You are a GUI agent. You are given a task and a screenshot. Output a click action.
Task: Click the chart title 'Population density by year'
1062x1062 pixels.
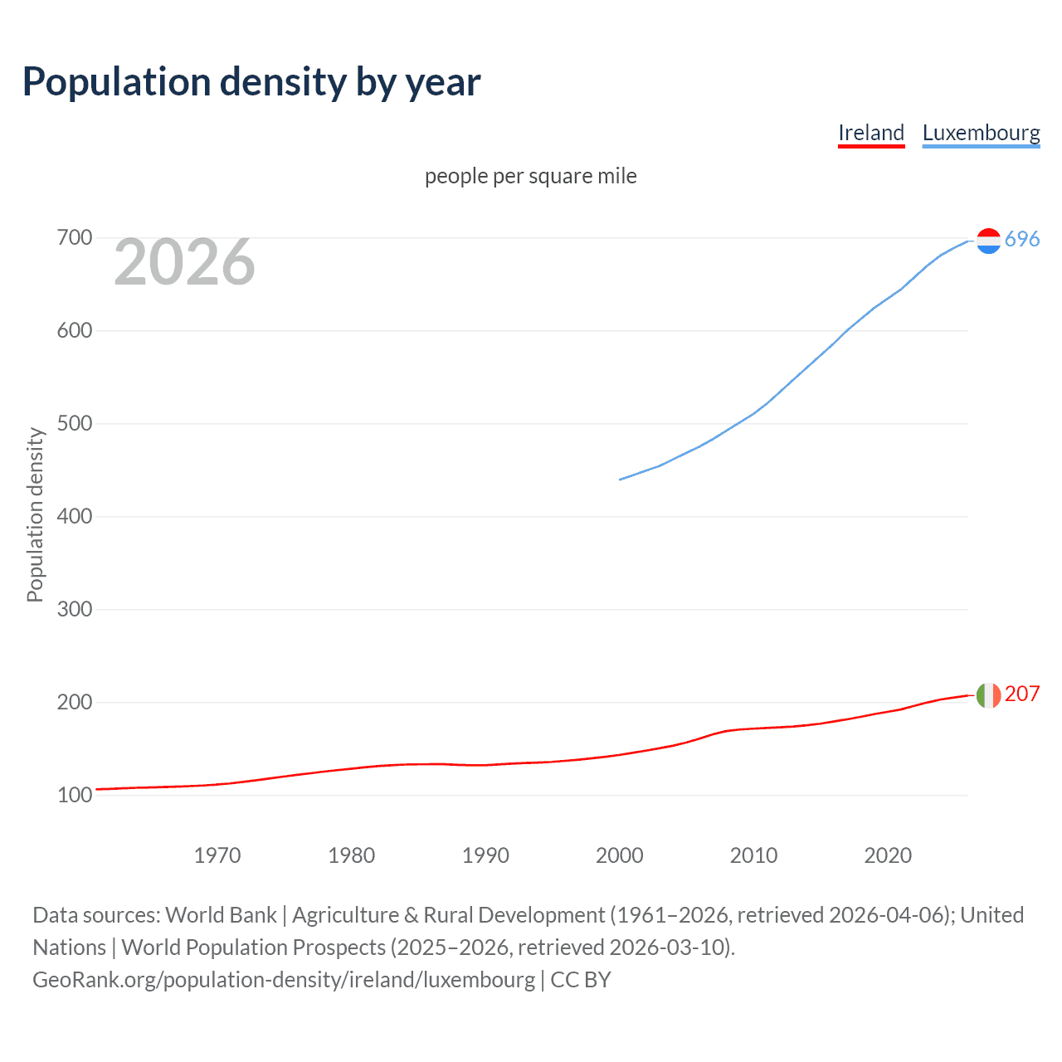251,82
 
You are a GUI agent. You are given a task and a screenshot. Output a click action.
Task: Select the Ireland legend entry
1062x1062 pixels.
870,133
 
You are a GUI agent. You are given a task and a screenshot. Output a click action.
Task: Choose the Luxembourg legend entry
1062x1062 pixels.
981,133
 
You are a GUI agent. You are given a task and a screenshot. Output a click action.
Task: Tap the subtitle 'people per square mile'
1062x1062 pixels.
530,176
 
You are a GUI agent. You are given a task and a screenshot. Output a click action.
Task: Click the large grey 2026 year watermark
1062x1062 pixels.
184,262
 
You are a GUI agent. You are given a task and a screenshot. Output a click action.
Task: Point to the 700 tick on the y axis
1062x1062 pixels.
74,238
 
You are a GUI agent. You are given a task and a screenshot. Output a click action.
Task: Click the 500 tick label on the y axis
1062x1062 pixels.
74,424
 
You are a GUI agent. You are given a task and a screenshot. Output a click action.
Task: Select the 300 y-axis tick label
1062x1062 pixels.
74,610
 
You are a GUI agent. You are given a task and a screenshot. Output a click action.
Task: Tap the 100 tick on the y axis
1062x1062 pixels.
74,796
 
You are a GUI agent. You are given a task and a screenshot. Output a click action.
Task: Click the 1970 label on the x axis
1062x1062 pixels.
217,855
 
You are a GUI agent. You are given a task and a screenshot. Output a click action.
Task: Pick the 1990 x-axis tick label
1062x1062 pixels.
485,855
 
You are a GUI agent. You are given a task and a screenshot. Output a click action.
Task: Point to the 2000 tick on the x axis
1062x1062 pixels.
620,855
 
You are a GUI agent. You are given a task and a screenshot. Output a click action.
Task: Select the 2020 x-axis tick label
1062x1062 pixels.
888,855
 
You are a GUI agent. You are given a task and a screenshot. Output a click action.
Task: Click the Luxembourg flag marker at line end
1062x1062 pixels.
988,241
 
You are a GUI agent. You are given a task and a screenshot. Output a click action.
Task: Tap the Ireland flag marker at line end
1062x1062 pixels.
988,695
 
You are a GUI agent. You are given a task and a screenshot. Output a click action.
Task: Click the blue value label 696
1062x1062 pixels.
1022,240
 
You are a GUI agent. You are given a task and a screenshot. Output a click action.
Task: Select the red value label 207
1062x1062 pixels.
1022,694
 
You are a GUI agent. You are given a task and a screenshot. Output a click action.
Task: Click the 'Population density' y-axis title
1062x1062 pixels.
35,514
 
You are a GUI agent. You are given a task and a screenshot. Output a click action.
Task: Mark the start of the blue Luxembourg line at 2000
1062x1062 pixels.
621,480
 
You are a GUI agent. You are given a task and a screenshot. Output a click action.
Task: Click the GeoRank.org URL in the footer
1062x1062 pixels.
284,980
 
